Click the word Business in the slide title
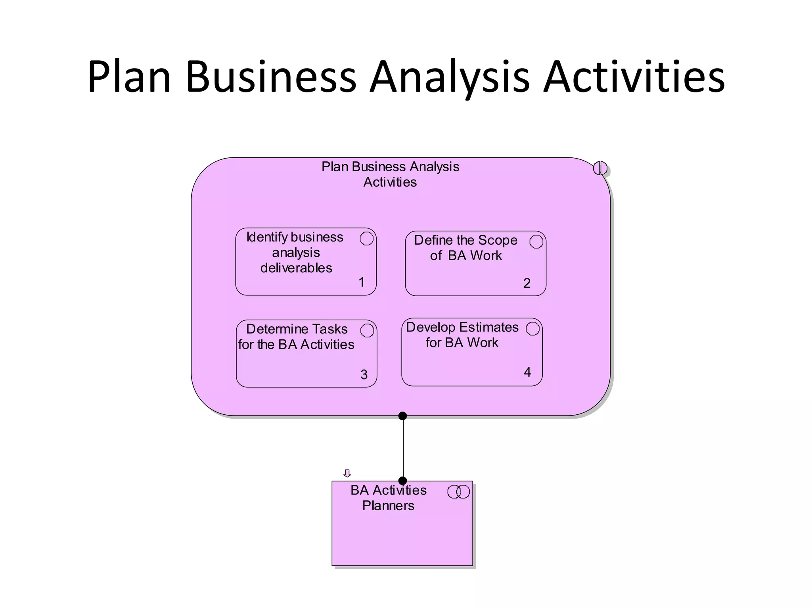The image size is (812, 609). tap(271, 77)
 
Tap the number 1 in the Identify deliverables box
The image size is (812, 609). tap(361, 282)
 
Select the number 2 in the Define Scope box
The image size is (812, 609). tap(527, 283)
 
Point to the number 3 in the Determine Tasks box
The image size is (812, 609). tap(364, 375)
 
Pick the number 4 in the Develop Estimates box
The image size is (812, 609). tap(527, 372)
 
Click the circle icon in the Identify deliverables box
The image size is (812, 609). tap(366, 239)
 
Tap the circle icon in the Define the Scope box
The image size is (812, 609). tap(536, 241)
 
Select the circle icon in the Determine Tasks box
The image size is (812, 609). tap(367, 331)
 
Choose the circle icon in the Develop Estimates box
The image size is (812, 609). tap(532, 329)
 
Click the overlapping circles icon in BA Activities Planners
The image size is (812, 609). tap(458, 492)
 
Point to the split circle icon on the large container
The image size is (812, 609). tap(600, 168)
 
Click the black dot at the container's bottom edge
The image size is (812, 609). tap(402, 416)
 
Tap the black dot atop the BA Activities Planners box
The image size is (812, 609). tap(402, 481)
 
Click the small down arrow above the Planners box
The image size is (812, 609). tap(347, 473)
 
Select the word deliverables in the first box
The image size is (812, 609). tap(296, 268)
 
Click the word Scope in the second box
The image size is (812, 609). tap(498, 240)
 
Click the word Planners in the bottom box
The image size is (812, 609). tap(388, 506)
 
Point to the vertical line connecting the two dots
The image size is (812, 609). tap(403, 448)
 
